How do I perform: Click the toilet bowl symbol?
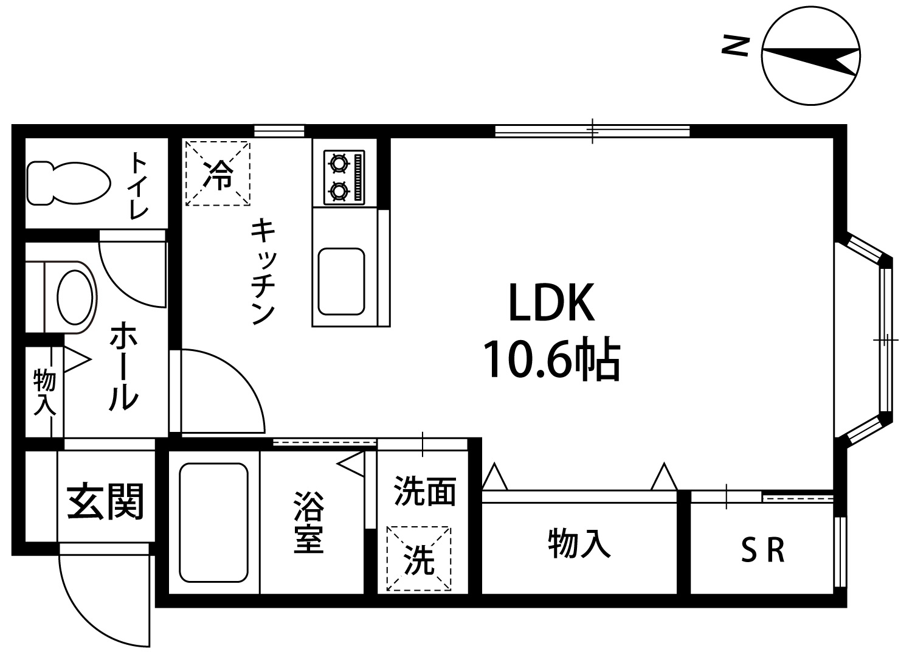tap(68, 183)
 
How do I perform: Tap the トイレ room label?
tap(139, 185)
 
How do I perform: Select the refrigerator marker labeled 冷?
tap(217, 173)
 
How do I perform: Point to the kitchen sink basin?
tap(341, 281)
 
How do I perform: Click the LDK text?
tap(551, 303)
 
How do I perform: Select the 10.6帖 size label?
tap(551, 359)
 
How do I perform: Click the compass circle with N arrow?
tap(811, 57)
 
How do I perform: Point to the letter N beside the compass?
tap(734, 46)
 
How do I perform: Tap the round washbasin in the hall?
tap(75, 297)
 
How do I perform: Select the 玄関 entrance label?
tap(105, 502)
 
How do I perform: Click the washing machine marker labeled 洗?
tap(420, 559)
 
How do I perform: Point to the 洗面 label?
tap(424, 491)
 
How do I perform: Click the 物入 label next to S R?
tap(579, 543)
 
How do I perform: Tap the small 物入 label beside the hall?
tap(44, 392)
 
